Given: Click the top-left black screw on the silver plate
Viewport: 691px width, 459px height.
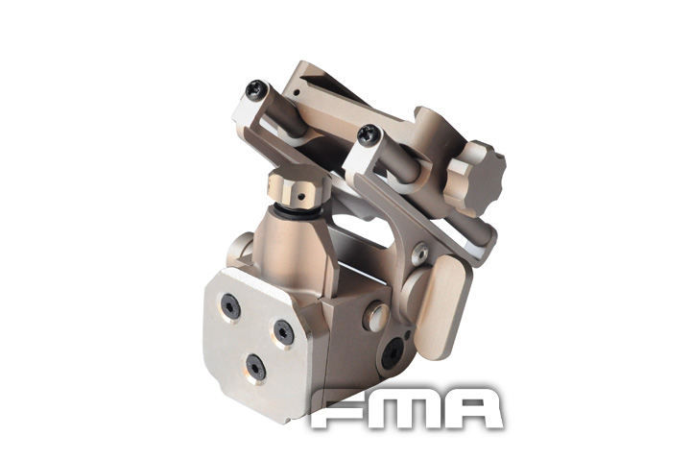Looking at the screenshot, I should click(x=230, y=305).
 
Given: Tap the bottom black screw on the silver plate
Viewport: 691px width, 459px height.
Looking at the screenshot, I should click(x=255, y=366).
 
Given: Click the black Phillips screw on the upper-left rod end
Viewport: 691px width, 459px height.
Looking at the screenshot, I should click(x=255, y=90).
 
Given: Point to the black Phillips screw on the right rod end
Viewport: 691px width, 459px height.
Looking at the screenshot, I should click(x=366, y=136).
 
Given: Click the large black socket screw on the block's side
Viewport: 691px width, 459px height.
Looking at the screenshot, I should click(x=392, y=355).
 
